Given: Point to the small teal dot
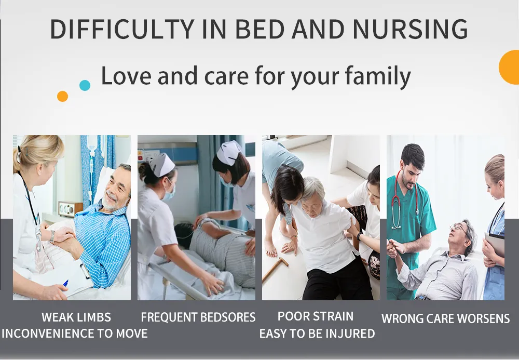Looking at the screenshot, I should tap(85, 85).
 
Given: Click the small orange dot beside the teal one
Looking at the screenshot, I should tap(62, 96).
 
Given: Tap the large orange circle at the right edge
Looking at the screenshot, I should tap(510, 67).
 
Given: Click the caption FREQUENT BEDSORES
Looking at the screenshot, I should tap(198, 317).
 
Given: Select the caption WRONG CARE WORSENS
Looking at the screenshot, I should tap(445, 318).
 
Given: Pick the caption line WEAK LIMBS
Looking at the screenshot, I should tap(76, 317).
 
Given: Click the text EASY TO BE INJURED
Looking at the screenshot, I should tap(317, 334).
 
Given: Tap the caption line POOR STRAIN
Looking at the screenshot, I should tap(316, 316).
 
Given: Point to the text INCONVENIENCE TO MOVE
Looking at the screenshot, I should tap(75, 333).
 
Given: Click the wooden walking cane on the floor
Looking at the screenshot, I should tap(275, 269).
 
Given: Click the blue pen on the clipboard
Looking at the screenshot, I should tap(65, 283).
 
